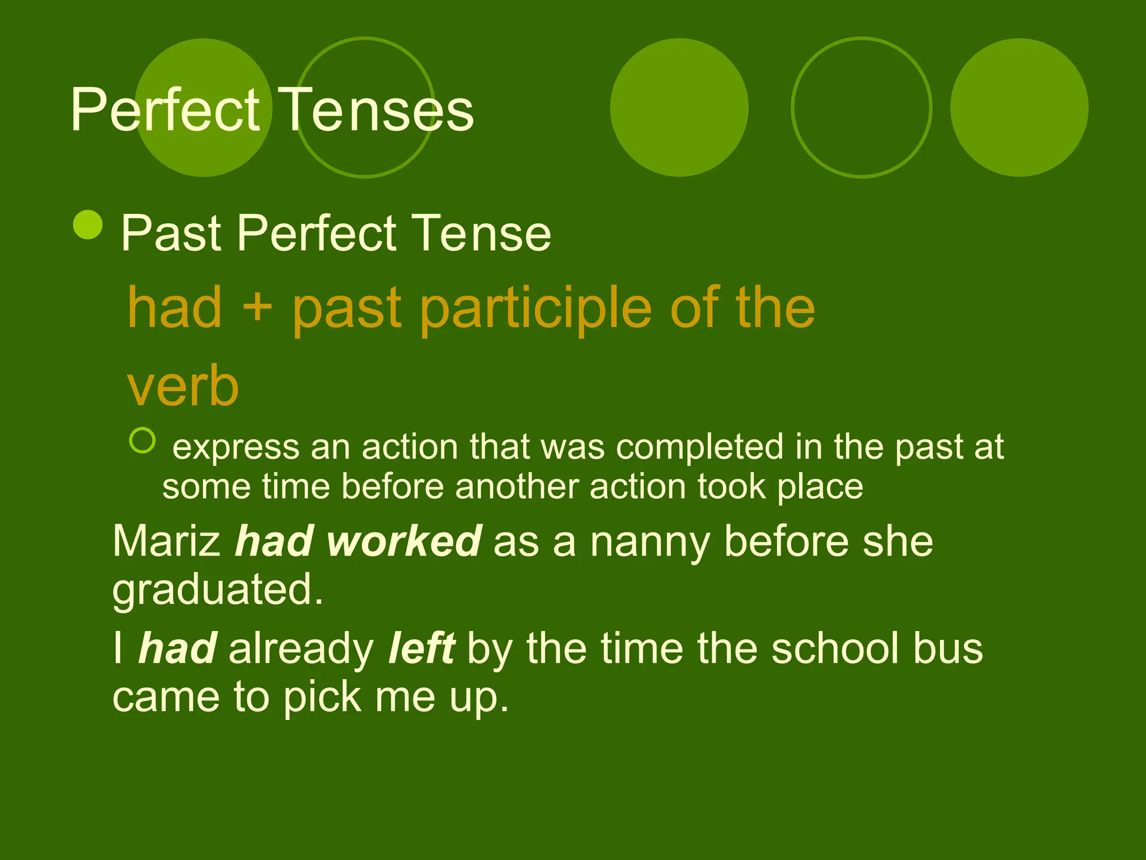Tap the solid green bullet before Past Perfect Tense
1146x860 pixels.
coord(88,225)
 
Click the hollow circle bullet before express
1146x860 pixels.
coord(142,440)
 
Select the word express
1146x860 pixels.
coord(236,448)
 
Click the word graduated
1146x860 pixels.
coord(218,590)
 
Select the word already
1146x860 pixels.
coord(301,649)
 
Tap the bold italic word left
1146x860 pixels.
coord(421,648)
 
